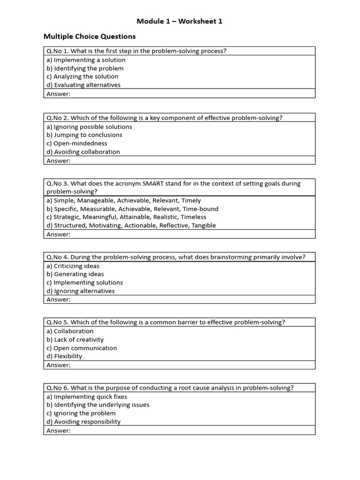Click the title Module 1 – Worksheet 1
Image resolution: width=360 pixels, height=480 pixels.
pos(180,21)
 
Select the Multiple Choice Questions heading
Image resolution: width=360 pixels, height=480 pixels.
pos(90,36)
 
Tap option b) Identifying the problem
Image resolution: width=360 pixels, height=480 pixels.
pos(85,68)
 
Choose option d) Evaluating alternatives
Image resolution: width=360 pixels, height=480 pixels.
pos(83,85)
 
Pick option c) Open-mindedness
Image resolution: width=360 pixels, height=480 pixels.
pos(77,143)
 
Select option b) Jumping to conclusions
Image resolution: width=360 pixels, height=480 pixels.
pos(84,135)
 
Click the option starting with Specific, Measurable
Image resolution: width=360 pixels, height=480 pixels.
pos(133,209)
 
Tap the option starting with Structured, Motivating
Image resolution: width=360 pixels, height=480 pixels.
pos(131,225)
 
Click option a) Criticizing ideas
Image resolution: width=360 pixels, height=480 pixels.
pos(73,266)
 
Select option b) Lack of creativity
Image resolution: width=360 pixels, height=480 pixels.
pos(75,340)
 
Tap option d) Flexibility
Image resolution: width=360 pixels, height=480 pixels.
pos(64,356)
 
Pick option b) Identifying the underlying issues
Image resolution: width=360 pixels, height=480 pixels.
pos(98,405)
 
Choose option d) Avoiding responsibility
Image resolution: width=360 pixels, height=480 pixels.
pos(83,422)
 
